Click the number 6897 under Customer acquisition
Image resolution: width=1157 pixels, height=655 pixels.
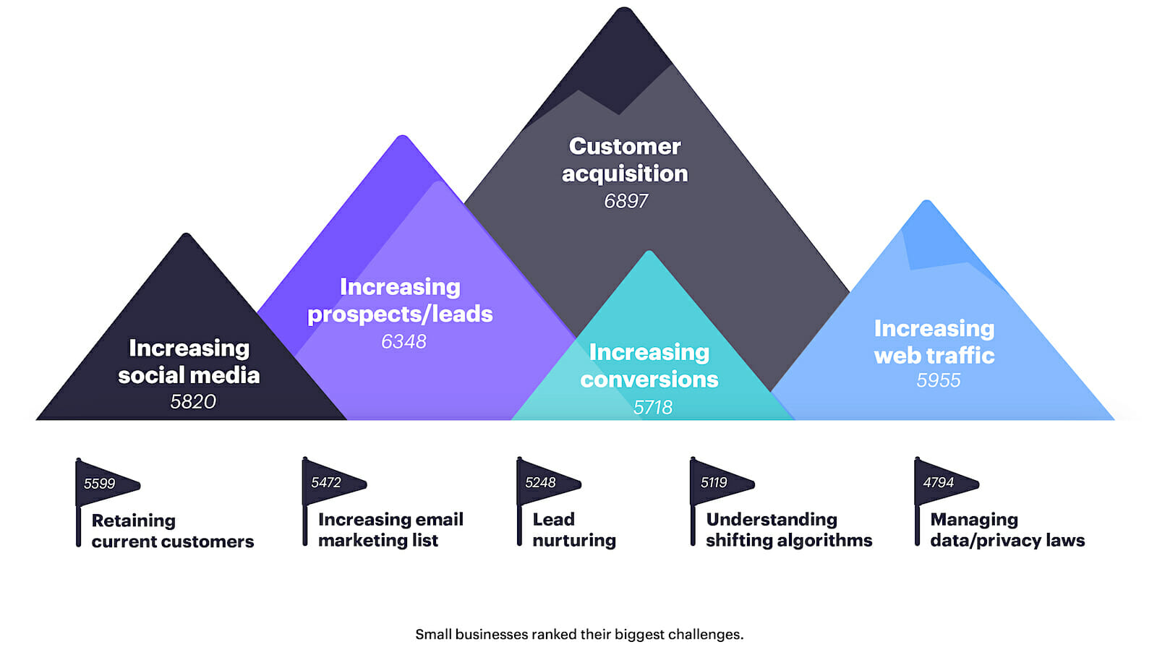coord(626,201)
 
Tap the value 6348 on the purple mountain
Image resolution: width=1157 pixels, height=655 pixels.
coord(404,341)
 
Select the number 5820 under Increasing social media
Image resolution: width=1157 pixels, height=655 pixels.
coord(193,401)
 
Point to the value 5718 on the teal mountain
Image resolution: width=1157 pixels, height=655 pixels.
coord(653,408)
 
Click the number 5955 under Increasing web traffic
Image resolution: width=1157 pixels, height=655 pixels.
coord(939,380)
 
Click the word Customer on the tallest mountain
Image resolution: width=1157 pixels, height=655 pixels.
coord(625,146)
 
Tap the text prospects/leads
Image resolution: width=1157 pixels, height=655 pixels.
coord(401,314)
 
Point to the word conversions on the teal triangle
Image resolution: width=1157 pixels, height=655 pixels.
coord(649,379)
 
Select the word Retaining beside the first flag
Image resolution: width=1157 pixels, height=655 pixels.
coord(134,521)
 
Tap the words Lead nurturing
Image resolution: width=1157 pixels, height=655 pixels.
coord(574,529)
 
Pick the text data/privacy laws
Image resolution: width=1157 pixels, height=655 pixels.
coord(1007,540)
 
